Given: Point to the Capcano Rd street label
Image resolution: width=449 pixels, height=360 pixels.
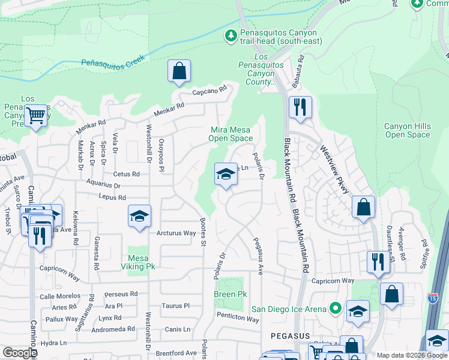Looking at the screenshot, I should coord(209,91).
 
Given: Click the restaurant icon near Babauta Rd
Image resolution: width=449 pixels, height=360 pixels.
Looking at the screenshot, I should coord(300,107).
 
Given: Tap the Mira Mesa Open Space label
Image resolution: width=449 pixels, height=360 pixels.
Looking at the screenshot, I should coord(231,134).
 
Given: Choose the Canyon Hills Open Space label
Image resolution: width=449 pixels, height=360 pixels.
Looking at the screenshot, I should coord(408,130).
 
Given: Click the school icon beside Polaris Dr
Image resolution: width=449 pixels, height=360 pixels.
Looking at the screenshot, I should coord(226,175).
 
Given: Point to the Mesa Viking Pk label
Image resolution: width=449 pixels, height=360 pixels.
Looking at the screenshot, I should coord(139,262).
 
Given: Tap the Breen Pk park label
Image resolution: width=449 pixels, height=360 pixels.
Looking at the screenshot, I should coord(231,295).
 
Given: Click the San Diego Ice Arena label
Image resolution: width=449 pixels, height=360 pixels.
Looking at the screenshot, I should coord(288,309).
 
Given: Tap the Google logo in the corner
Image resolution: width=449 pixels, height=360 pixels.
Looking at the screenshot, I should coord(20,353).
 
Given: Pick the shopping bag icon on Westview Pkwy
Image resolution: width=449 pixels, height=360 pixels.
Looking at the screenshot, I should coord(363,208).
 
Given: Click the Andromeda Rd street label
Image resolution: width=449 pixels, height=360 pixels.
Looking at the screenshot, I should coord(113,329).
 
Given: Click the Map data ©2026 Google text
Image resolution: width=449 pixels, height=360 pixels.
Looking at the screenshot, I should coord(411,355).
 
